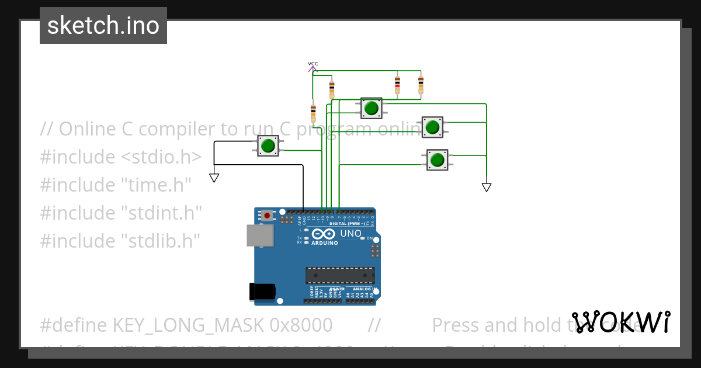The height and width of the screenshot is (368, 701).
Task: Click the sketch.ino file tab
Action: tap(103, 26)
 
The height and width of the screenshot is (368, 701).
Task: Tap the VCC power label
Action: tap(313, 64)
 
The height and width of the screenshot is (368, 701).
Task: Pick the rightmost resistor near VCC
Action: tap(421, 84)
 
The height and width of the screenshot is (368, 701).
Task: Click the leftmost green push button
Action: tap(268, 145)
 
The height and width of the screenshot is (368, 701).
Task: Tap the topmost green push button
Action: tap(371, 108)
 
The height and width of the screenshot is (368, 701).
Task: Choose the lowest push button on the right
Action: tap(437, 159)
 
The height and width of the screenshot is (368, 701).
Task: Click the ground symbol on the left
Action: tap(214, 178)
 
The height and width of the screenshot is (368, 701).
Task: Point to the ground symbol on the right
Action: tap(487, 187)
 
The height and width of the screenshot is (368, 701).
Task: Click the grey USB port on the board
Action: tap(260, 235)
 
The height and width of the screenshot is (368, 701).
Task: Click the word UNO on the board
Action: tap(351, 234)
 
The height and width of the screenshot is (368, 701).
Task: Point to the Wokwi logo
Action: tap(620, 322)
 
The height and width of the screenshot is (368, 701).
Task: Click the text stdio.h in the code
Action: tap(161, 157)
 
